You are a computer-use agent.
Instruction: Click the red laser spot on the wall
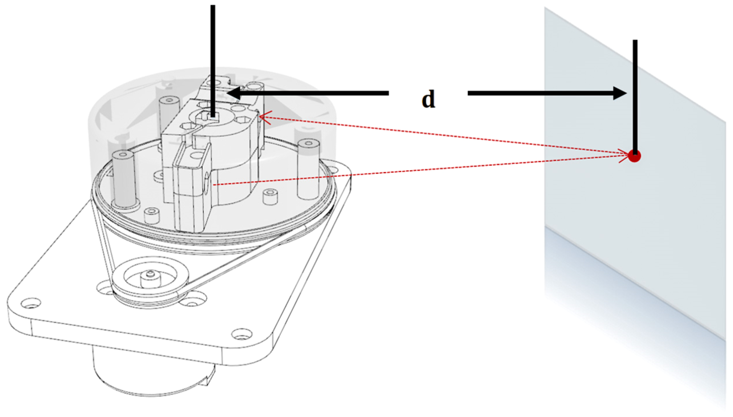634,156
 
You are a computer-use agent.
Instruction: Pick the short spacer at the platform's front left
151,216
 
